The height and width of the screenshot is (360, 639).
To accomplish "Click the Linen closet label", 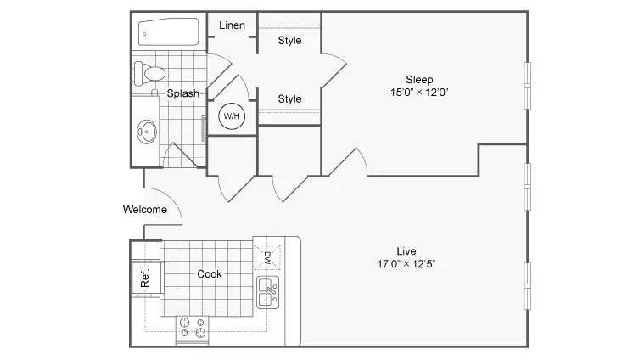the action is tap(232, 25).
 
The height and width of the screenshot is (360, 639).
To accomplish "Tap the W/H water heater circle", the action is tap(232, 116).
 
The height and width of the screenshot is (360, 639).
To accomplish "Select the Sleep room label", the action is tap(419, 80).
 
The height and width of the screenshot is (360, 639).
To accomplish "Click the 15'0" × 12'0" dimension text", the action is tap(419, 93).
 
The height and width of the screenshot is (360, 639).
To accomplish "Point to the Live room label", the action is tap(406, 251).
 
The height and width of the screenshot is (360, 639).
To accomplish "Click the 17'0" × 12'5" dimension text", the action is tap(406, 264).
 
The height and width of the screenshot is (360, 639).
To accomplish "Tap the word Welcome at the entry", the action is tap(145, 210).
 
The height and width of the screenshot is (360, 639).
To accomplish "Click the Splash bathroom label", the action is tap(183, 93).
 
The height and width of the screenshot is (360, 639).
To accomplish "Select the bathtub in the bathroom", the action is tap(168, 31).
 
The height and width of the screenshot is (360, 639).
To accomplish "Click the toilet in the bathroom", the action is tap(149, 73).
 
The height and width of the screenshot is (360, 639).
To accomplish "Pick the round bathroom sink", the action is tap(147, 132).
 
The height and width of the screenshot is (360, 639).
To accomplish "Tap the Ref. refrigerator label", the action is tap(145, 278).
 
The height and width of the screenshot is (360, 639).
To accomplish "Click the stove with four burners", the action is tap(193, 329).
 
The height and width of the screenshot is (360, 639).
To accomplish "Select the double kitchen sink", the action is tap(268, 292).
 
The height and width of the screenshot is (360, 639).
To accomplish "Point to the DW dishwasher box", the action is tap(268, 257).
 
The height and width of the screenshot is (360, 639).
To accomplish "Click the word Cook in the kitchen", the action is tap(210, 274).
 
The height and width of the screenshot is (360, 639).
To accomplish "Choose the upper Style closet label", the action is tap(289, 41).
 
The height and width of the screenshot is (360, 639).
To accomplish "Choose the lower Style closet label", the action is tap(289, 99).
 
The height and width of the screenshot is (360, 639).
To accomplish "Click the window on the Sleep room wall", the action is tap(527, 86).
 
